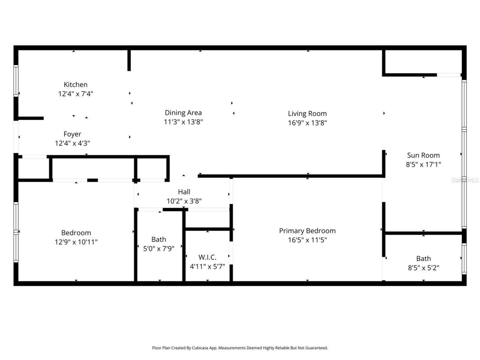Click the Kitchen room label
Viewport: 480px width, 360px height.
pos(75,85)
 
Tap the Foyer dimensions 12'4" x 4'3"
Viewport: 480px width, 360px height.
pos(72,143)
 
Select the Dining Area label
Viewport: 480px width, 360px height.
pos(183,112)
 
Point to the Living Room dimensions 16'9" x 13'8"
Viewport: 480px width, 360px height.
pos(307,123)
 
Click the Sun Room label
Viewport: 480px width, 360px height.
pos(423,155)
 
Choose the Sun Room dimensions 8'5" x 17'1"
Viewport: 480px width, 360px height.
pos(423,164)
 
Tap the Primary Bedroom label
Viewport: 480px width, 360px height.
pos(307,231)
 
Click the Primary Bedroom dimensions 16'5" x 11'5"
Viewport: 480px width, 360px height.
pos(307,240)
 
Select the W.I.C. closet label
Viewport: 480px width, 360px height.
pos(207,257)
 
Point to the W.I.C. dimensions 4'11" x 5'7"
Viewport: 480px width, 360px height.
pos(207,267)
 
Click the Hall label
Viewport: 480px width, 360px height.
pos(184,192)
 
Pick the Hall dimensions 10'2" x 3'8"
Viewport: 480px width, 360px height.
pos(184,201)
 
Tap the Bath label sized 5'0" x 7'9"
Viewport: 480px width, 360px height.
pos(159,239)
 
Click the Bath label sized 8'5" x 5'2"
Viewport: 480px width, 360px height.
pos(423,258)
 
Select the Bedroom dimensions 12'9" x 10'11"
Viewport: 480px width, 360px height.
pos(76,242)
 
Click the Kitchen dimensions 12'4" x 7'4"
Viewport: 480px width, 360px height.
pos(75,94)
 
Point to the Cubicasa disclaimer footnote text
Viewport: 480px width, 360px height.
pos(240,348)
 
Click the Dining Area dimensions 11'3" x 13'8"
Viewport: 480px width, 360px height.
pos(183,122)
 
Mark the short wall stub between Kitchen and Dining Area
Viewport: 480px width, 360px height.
pos(129,60)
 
